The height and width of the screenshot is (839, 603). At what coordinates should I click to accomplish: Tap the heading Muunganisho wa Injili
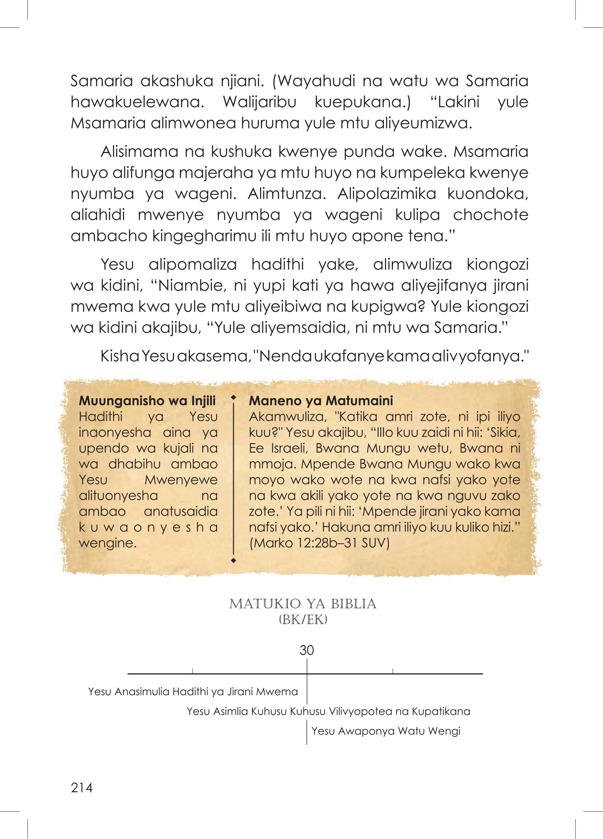coord(147,401)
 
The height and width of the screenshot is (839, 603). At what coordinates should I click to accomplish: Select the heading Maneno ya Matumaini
coord(321,401)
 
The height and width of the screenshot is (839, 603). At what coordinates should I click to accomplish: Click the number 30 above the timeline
coord(307,650)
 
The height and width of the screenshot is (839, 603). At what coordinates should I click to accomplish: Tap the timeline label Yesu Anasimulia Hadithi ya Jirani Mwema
coord(193,692)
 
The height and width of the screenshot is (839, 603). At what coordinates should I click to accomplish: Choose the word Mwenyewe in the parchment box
coord(181,480)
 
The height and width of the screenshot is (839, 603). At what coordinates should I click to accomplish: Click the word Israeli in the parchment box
coord(279,448)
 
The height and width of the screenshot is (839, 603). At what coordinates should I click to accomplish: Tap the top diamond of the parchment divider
coord(233,398)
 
